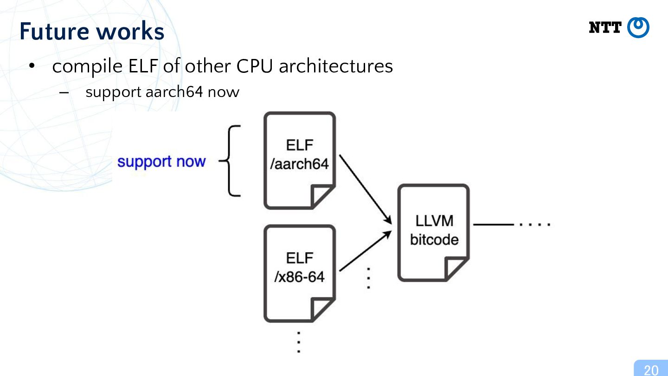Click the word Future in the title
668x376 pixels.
tap(54, 31)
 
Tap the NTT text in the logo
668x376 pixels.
tap(605, 27)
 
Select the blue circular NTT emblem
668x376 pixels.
tap(638, 27)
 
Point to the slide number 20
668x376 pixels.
tap(651, 370)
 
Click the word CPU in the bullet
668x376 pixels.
tap(254, 66)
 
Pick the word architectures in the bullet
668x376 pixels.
tap(336, 66)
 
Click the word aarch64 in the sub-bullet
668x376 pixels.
tap(174, 91)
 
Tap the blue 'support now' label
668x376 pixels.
tap(161, 162)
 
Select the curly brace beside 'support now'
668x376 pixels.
tap(229, 161)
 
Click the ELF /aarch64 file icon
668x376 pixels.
tap(300, 161)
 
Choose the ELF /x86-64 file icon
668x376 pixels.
tap(300, 273)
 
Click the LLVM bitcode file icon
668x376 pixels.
tap(434, 233)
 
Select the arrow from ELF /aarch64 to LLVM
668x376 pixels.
tap(366, 189)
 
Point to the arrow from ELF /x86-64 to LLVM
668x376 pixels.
tap(366, 251)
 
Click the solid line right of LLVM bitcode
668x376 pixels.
tap(494, 224)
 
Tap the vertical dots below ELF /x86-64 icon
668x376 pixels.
tap(299, 342)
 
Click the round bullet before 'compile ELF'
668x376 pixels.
tap(32, 66)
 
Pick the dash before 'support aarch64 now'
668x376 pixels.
tap(64, 92)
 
